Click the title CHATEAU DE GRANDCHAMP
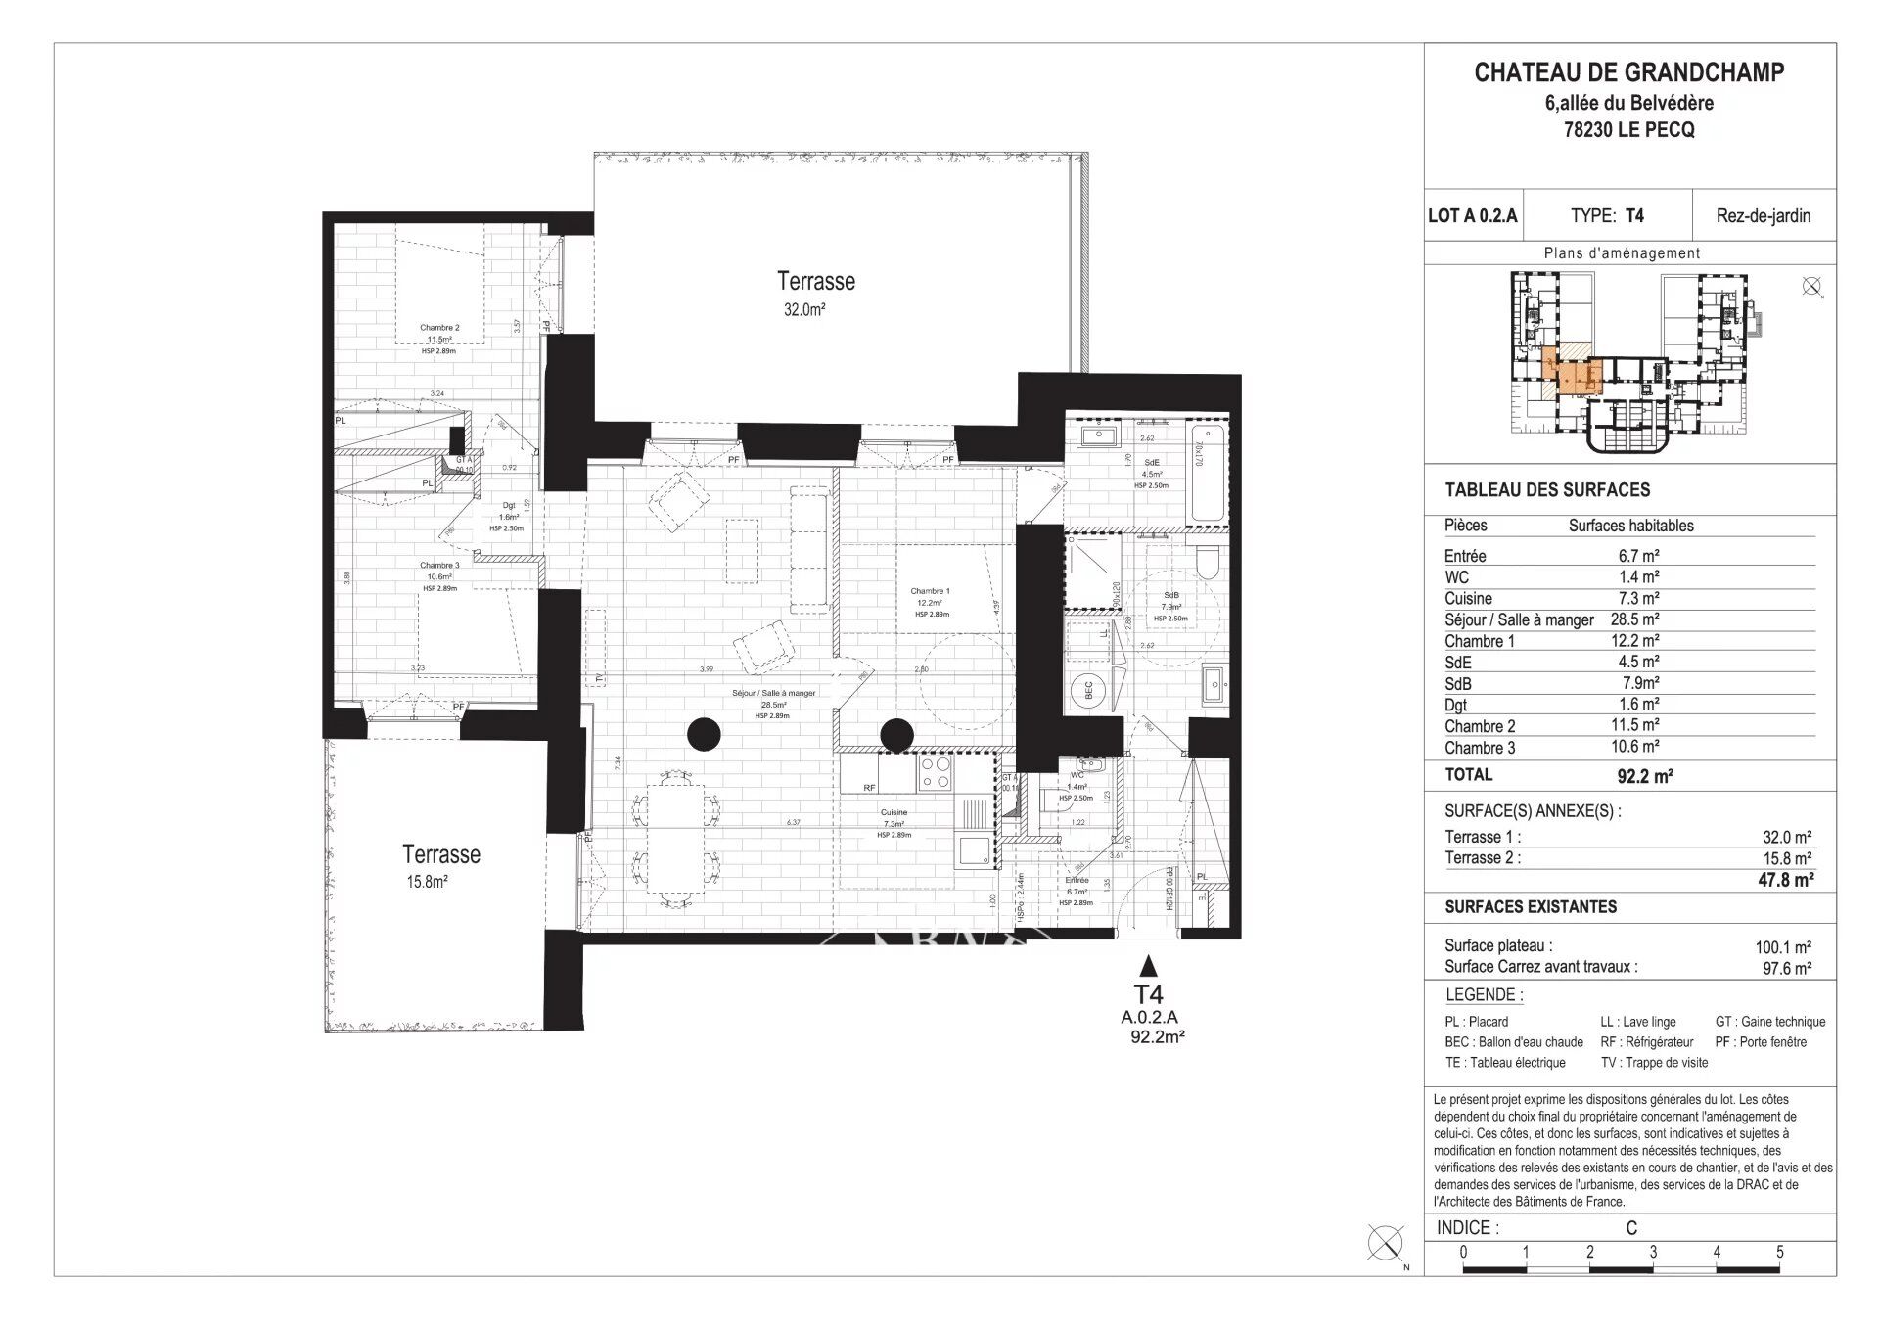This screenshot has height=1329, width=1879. pos(1628,72)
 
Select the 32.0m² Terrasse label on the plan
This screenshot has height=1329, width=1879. pos(815,293)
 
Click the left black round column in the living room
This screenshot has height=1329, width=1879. pos(703,733)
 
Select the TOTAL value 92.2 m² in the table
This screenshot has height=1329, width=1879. pos(1644,777)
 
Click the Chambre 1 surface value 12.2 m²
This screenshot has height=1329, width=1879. pos(1638,641)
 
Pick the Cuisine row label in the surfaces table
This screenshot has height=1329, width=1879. pos(1468,599)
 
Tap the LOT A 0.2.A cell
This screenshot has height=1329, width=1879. pos(1472,216)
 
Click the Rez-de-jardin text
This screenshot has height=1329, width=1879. pos(1763,216)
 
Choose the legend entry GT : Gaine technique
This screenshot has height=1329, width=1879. pos(1769,1022)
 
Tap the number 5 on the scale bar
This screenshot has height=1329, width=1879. pos(1779,1252)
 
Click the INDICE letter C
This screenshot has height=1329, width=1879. pos(1630,1228)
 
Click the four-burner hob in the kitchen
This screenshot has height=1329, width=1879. pos(934,772)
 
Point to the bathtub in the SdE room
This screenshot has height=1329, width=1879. pos(1204,470)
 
